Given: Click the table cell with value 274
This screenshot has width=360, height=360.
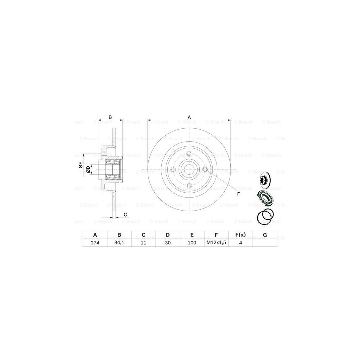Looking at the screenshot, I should point(95,243).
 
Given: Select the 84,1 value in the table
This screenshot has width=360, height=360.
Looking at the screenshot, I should point(119,243).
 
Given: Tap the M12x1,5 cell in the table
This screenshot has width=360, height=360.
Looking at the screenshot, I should point(216,243).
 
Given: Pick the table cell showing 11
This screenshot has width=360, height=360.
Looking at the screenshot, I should point(143,243).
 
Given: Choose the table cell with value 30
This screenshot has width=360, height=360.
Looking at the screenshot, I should point(168,243).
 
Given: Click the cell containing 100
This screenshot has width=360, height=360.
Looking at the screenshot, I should point(192,243).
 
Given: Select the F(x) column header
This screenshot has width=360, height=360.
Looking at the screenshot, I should point(240,235).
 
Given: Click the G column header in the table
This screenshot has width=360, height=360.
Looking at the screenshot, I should point(265,235).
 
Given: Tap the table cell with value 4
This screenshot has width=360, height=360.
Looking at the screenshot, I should point(240,243).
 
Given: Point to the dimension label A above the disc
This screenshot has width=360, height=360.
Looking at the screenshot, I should point(189,117).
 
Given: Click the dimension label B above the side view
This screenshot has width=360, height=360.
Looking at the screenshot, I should point(110,117).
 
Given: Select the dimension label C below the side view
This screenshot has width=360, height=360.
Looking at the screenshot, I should point(125,214).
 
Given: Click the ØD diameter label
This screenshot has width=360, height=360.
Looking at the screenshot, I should point(88,170).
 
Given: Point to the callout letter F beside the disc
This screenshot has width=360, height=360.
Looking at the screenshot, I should point(238,194).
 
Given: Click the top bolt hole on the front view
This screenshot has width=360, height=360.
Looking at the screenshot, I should point(189,154).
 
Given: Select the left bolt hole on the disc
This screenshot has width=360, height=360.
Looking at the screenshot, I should point(173,170).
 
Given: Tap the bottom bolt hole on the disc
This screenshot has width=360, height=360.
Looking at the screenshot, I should point(189,186).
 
